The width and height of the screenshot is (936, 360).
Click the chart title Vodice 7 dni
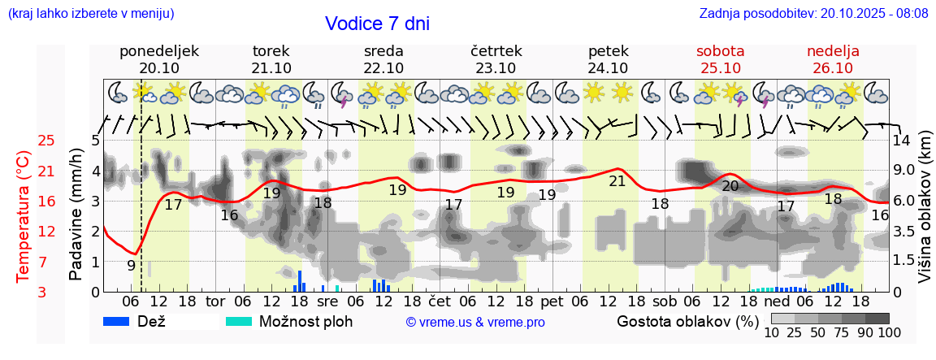pyautogui.click(x=377, y=24)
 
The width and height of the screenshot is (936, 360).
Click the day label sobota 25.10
pyautogui.click(x=720, y=59)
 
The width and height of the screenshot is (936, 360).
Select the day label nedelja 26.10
pyautogui.click(x=833, y=59)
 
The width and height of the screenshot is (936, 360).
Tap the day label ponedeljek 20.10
pyautogui.click(x=159, y=59)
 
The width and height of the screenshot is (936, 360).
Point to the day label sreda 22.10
pyautogui.click(x=383, y=59)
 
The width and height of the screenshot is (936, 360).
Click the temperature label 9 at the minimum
pyautogui.click(x=131, y=265)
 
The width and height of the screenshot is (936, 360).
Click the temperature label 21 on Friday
pyautogui.click(x=617, y=181)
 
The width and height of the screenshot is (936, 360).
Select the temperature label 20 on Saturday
pyautogui.click(x=730, y=186)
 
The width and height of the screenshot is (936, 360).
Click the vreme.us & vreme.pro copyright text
pyautogui.click(x=475, y=322)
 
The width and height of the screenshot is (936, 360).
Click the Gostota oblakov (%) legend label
pyautogui.click(x=687, y=321)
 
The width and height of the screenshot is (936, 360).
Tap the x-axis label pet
pyautogui.click(x=552, y=301)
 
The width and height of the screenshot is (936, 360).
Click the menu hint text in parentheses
pyautogui.click(x=91, y=13)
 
